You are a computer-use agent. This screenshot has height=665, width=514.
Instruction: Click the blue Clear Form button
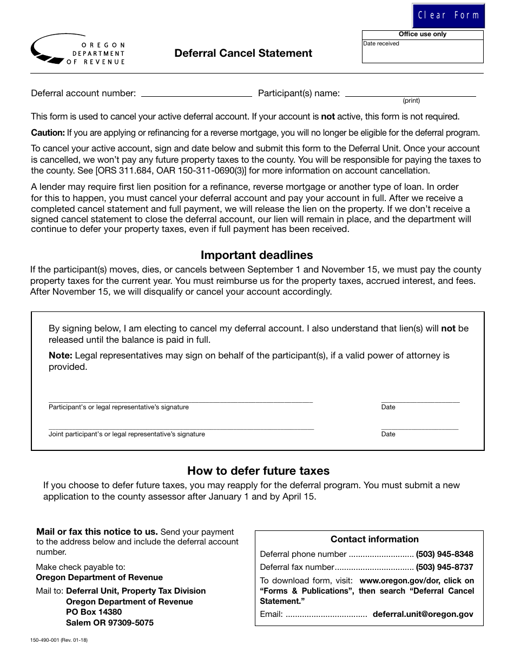tap(449, 15)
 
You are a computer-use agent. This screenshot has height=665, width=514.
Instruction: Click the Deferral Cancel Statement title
tap(243, 53)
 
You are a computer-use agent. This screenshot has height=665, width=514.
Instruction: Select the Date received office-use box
tap(423, 52)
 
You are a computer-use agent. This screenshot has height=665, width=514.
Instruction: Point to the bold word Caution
tap(48, 132)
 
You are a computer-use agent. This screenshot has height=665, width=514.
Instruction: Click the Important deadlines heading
tap(256, 255)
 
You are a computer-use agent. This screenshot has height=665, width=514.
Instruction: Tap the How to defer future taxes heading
tap(258, 470)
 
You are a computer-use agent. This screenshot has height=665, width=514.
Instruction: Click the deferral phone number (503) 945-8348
tap(444, 554)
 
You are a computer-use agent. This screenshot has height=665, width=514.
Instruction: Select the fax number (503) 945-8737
tap(444, 567)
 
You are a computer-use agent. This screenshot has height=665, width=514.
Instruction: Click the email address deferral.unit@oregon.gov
tap(423, 614)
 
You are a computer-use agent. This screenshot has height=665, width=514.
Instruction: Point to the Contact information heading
tap(374, 539)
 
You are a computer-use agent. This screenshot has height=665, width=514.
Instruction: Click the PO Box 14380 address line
tap(94, 612)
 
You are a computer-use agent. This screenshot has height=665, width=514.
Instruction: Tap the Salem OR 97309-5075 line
tap(109, 623)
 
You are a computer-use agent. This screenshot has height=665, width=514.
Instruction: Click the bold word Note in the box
tap(60, 355)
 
